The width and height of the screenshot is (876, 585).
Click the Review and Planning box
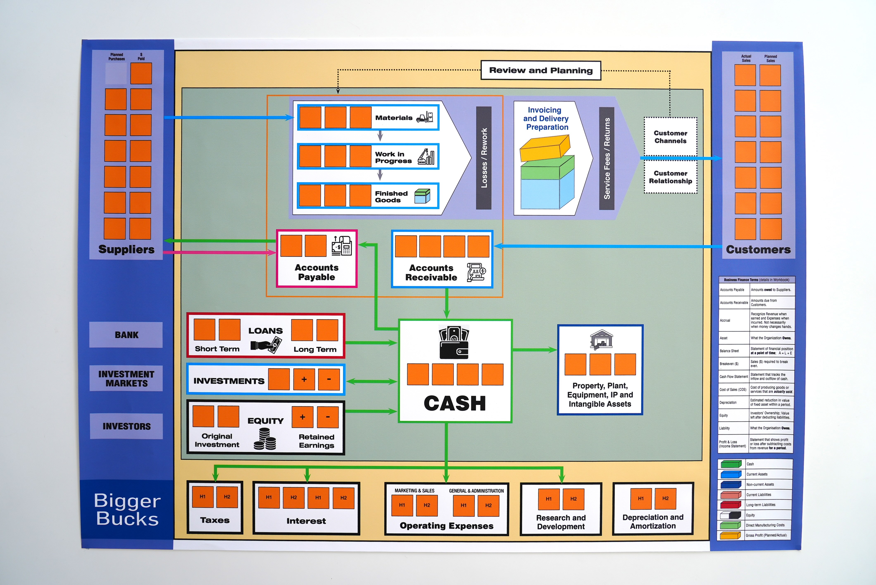click(x=541, y=70)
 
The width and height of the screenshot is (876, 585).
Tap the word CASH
click(x=455, y=403)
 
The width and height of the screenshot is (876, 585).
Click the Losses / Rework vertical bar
click(x=484, y=158)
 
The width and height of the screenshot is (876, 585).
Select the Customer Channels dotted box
click(x=670, y=137)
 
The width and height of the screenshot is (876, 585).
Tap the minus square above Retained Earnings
click(x=327, y=417)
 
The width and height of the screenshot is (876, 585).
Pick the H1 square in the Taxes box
click(x=203, y=497)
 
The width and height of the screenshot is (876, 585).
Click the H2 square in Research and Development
click(x=574, y=499)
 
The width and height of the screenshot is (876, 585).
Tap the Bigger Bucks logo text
click(x=127, y=509)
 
